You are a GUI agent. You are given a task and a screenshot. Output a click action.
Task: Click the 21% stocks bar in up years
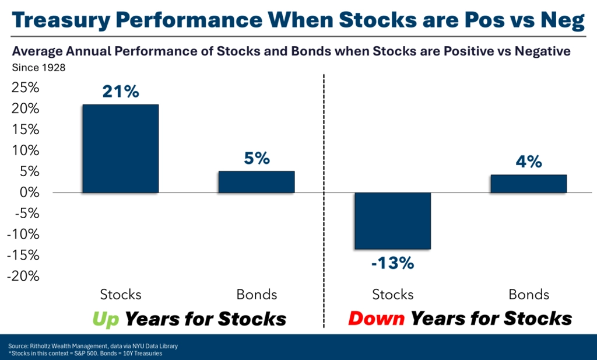[x=120, y=149]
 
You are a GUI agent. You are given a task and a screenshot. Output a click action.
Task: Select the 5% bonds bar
[x=257, y=181]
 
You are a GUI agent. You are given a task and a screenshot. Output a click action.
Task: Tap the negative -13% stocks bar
[x=392, y=221]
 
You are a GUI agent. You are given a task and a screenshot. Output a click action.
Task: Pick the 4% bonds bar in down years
[x=528, y=184]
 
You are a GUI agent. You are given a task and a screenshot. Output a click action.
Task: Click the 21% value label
[x=121, y=92]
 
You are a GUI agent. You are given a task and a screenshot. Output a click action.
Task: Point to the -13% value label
[x=392, y=263]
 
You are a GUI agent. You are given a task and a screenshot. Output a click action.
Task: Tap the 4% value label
[x=529, y=162]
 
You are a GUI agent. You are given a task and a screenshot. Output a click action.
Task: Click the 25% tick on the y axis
[x=26, y=88]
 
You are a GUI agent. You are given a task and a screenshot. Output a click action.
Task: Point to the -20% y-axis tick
[x=23, y=276]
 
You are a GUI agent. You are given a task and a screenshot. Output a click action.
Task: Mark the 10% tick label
[x=26, y=151]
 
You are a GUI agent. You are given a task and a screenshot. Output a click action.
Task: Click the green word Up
[x=106, y=319]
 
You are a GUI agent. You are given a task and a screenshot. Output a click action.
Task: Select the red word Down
[x=376, y=318]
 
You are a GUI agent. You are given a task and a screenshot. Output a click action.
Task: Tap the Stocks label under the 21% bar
[x=121, y=295]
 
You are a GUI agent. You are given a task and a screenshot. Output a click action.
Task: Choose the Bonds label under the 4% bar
[x=529, y=295]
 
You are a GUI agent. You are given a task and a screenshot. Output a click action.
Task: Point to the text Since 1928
[x=39, y=68]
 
